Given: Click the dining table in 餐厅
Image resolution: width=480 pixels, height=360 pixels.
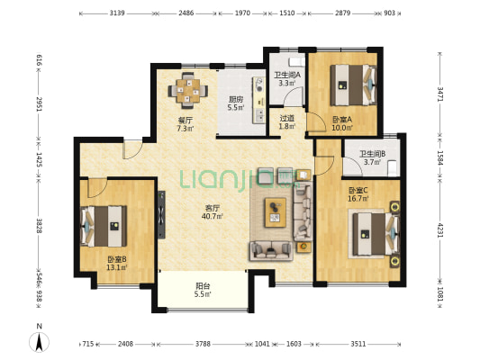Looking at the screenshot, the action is click(x=187, y=91).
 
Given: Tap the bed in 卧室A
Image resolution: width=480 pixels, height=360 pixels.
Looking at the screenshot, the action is click(x=353, y=85).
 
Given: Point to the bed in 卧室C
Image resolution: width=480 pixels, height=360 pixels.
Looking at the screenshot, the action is click(x=376, y=234).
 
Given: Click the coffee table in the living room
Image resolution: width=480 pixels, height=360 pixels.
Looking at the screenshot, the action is click(x=276, y=212).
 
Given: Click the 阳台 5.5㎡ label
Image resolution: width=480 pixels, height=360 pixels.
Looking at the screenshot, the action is click(x=203, y=291).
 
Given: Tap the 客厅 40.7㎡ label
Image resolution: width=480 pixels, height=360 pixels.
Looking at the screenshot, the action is click(x=212, y=212).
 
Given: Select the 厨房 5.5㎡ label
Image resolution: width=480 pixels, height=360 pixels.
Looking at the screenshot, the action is click(x=236, y=103).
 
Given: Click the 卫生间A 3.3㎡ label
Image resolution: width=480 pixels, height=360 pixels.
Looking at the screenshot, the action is click(x=287, y=78).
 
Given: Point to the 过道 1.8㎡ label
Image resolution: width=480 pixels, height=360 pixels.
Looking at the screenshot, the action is click(x=287, y=122).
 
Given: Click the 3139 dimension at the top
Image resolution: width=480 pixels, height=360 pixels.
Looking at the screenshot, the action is click(x=117, y=13).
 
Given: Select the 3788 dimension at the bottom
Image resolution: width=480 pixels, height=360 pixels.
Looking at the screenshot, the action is click(x=203, y=344).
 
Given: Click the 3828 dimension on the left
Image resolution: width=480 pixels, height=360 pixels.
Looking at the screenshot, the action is click(x=40, y=226).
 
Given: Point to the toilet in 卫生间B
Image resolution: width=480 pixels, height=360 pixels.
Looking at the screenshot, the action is click(x=393, y=168).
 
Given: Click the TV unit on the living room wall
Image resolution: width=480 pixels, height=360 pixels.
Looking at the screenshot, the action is click(x=161, y=215).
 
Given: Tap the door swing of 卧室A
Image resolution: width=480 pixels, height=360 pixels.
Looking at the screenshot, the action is click(x=315, y=121).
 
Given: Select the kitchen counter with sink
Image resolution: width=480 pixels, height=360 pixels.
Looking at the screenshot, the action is click(x=259, y=100).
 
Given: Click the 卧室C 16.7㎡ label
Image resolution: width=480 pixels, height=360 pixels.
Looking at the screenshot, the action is click(x=358, y=194).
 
